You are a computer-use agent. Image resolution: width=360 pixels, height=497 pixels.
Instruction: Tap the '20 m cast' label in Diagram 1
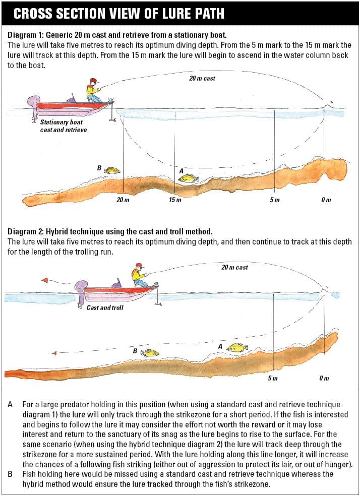point(202,79)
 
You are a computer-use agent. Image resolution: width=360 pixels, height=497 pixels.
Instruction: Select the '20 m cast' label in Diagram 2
point(234,267)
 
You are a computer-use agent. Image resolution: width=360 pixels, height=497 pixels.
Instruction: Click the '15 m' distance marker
point(175,200)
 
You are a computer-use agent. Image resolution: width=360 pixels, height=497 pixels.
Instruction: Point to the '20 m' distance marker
point(123,200)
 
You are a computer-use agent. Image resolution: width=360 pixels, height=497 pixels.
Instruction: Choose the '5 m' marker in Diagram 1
point(274,200)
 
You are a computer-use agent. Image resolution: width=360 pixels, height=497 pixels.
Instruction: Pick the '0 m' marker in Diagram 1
point(326,200)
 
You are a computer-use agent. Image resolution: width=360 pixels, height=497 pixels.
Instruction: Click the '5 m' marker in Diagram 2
point(272,378)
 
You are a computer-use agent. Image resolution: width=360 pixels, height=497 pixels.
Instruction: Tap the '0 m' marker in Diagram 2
point(324,378)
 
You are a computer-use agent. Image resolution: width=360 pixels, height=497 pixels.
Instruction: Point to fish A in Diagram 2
point(236,348)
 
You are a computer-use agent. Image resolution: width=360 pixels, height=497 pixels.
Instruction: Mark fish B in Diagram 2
point(149,353)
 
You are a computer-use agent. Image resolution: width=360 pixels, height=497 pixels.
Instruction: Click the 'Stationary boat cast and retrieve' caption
point(63,126)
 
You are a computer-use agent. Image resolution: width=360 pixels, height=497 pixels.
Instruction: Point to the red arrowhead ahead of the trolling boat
point(45,280)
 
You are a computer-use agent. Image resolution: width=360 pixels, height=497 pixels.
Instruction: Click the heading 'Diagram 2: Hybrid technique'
point(110,232)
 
